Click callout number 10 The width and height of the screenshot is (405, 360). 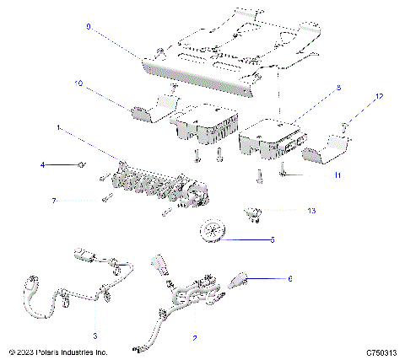click(78, 84)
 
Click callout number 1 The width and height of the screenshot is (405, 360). click(58, 128)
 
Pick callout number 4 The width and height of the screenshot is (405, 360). click(41, 165)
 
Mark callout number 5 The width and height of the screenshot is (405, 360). click(272, 239)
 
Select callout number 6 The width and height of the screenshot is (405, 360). click(289, 277)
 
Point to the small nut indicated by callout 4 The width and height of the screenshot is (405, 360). click(80, 165)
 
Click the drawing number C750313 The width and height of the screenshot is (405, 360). click(381, 352)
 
